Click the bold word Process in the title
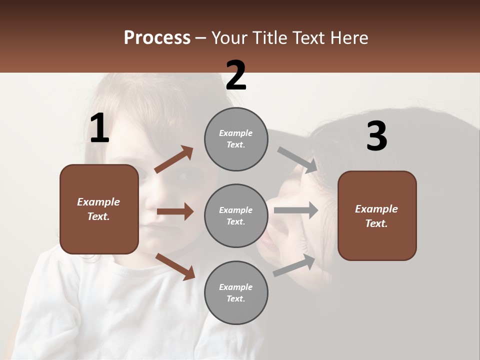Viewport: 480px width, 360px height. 157,38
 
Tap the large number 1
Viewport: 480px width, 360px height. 99,128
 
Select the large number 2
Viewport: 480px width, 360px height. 236,75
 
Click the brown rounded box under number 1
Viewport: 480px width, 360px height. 99,209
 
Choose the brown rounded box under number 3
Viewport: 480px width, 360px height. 377,215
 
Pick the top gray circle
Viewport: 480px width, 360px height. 236,139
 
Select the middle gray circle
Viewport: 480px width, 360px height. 236,215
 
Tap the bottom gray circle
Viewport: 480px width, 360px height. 236,292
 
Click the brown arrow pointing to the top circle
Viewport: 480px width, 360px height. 174,159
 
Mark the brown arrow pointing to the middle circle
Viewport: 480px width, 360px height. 175,211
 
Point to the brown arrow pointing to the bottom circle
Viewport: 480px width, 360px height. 175,266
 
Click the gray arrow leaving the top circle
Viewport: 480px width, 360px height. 297,159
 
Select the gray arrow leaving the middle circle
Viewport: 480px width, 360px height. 295,210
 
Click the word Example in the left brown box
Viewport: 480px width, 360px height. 98,202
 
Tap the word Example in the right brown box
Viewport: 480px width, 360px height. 376,209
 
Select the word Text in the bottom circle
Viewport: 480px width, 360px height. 235,299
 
